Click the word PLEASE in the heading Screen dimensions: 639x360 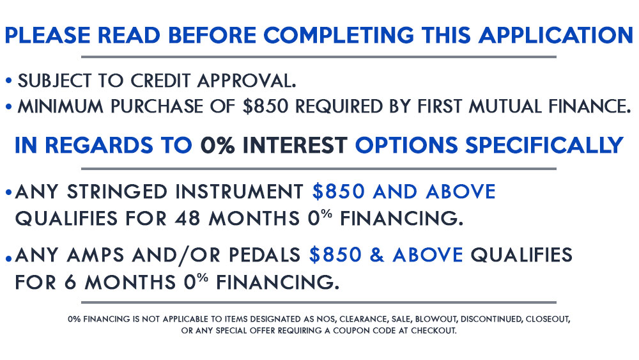click(x=48, y=35)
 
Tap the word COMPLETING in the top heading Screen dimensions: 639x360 click(x=339, y=35)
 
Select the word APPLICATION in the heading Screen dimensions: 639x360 click(x=556, y=35)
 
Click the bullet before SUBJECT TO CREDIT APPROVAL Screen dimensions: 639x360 click(x=8, y=81)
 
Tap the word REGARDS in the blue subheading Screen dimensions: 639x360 click(x=98, y=145)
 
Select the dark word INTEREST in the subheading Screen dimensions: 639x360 click(x=295, y=145)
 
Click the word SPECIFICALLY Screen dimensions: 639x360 click(x=544, y=145)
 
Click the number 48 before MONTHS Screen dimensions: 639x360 click(x=187, y=219)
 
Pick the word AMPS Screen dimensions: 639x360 click(x=95, y=255)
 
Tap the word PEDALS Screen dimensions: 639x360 click(x=265, y=255)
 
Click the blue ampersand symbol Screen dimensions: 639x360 click(x=378, y=255)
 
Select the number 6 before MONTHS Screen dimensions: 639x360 click(x=70, y=282)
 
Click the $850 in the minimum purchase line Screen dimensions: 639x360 click(x=265, y=106)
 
